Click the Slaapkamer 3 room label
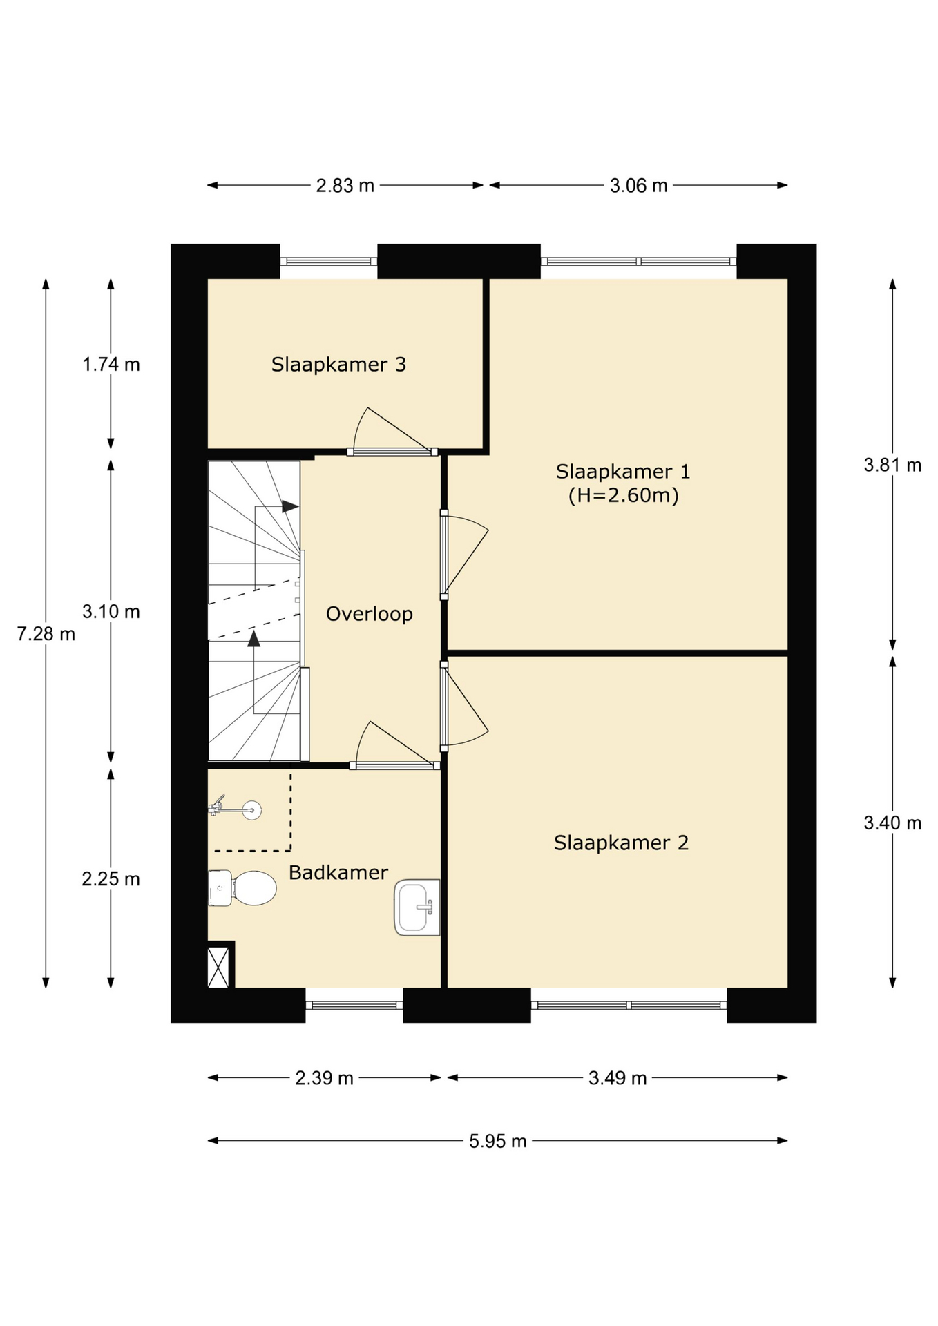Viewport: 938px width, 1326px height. (x=338, y=364)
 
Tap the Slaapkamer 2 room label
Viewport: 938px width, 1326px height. (x=621, y=843)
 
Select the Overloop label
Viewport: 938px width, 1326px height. (x=370, y=614)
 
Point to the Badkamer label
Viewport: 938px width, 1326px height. (x=338, y=872)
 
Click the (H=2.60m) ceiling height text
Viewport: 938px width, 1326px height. (x=624, y=495)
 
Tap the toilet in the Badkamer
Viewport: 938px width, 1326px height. (x=242, y=888)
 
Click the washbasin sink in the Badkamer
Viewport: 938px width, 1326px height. (x=417, y=907)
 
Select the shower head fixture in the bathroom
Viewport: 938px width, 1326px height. (x=235, y=808)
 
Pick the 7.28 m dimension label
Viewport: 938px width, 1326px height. (x=46, y=633)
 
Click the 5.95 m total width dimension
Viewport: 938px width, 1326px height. (x=498, y=1141)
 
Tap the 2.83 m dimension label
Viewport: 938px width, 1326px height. (x=345, y=185)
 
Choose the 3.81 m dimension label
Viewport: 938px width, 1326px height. (x=892, y=465)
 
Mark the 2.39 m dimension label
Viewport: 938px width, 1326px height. (x=325, y=1077)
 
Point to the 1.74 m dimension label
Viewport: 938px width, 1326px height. (x=111, y=364)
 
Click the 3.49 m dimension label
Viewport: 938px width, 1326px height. (x=618, y=1077)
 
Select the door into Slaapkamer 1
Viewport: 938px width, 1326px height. (x=464, y=555)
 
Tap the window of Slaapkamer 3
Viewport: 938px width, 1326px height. (x=329, y=261)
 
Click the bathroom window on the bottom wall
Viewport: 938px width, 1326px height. (x=354, y=1005)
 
